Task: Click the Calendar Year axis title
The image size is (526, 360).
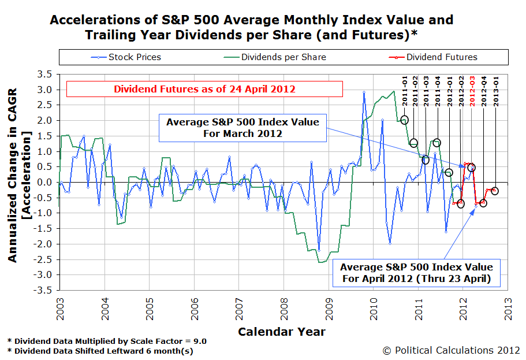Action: pos(281,332)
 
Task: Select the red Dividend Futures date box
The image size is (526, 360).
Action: pos(204,89)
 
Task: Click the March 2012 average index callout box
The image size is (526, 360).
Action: pos(241,128)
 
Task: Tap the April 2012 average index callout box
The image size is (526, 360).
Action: pos(416,273)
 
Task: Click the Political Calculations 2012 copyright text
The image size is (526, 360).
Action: pos(450,350)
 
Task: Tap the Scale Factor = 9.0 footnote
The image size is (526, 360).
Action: pos(107,341)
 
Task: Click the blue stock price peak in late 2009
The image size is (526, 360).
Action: pos(364,92)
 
